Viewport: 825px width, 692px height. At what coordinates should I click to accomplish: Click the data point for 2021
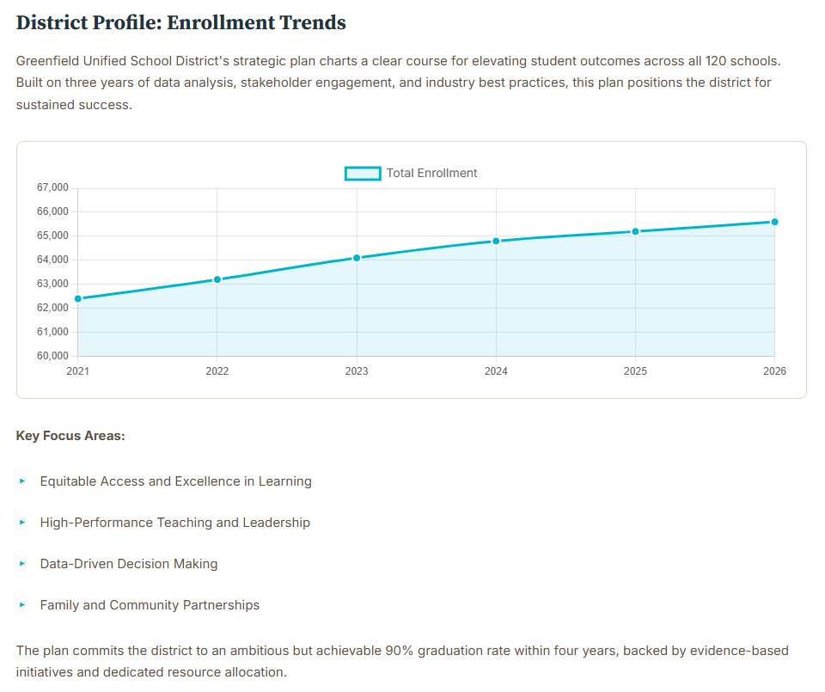click(x=78, y=298)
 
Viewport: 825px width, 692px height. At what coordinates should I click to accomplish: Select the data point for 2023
click(x=357, y=258)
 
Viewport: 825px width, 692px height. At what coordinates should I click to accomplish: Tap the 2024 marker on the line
click(x=496, y=241)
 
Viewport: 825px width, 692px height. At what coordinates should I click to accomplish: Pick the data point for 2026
click(x=774, y=222)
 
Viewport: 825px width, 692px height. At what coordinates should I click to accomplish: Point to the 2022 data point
click(x=217, y=279)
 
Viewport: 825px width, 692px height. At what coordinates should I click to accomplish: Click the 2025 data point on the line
click(x=635, y=231)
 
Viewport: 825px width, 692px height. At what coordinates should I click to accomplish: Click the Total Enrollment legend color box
click(x=362, y=174)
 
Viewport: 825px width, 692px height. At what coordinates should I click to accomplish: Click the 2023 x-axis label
click(x=357, y=371)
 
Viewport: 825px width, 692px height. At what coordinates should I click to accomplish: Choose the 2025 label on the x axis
click(x=635, y=371)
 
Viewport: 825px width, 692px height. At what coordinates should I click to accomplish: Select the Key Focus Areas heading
click(x=70, y=436)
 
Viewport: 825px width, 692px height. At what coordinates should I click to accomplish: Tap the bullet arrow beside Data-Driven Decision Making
click(x=22, y=564)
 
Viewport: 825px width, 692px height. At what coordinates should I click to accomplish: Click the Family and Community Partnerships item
click(x=150, y=605)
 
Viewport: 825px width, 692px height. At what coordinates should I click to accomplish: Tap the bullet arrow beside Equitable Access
click(x=22, y=481)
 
